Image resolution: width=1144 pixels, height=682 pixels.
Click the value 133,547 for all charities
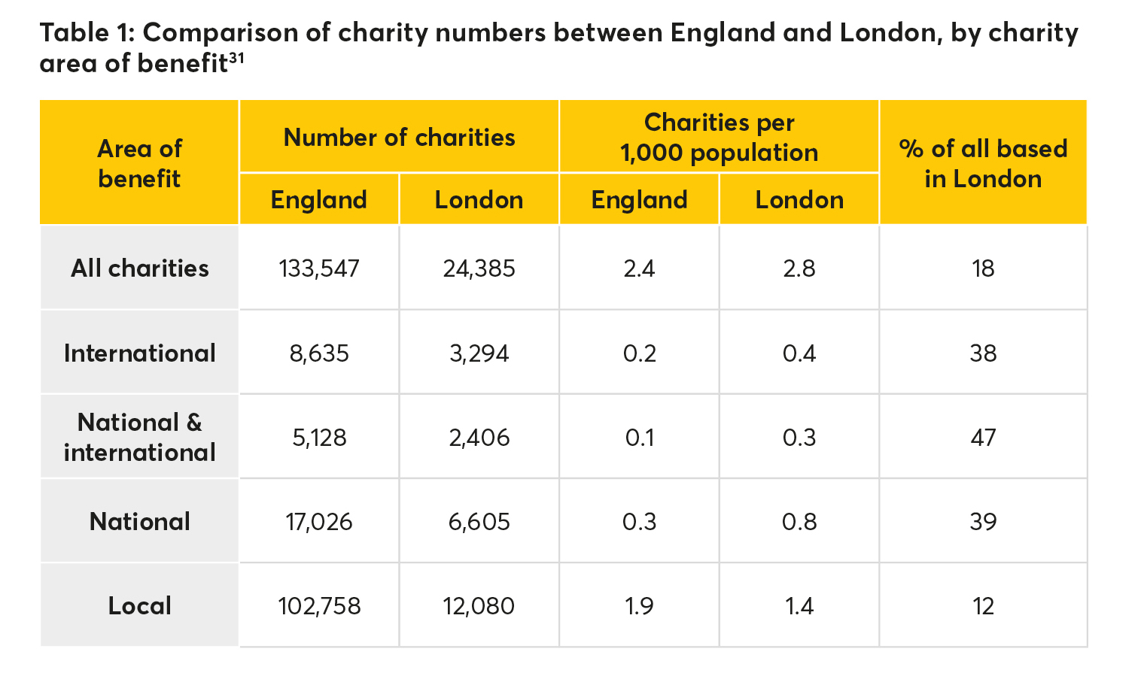(x=319, y=268)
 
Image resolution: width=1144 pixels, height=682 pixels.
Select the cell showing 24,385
(x=479, y=268)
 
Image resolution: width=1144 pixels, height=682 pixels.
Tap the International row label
(x=140, y=353)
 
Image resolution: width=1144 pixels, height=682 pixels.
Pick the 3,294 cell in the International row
(x=479, y=353)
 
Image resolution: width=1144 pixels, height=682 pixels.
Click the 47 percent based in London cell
(x=983, y=437)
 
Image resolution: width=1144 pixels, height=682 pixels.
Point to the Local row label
(x=140, y=605)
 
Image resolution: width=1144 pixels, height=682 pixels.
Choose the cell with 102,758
(x=319, y=605)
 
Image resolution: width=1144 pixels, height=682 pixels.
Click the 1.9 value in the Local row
(x=639, y=605)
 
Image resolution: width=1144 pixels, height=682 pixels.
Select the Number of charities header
(x=399, y=138)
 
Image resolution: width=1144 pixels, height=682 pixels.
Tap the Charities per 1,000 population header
(x=719, y=138)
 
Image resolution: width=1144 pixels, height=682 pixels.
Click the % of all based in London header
(x=983, y=163)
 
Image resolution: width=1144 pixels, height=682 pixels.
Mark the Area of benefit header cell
(x=140, y=163)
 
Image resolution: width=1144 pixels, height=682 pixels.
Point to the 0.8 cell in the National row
(x=799, y=521)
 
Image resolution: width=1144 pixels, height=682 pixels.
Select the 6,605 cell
(x=479, y=521)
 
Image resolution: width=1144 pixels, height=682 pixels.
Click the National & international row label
(x=140, y=437)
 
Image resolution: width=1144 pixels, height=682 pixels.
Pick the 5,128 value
(x=319, y=437)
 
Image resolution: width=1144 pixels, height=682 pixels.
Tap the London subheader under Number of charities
(x=479, y=199)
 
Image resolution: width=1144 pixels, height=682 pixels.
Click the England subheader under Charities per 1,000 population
(x=639, y=199)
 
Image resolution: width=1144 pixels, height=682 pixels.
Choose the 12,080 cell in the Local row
(x=479, y=605)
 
